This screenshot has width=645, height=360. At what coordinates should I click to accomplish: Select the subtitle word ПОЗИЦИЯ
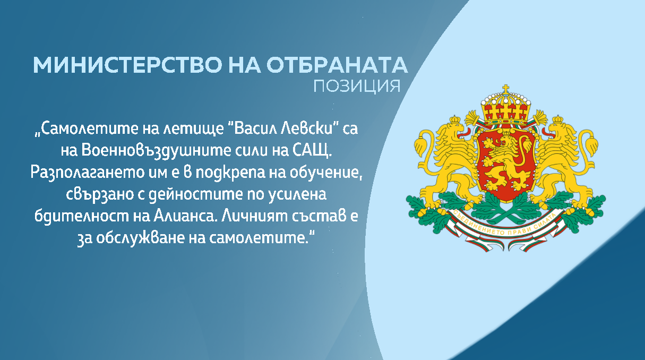point(356,85)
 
